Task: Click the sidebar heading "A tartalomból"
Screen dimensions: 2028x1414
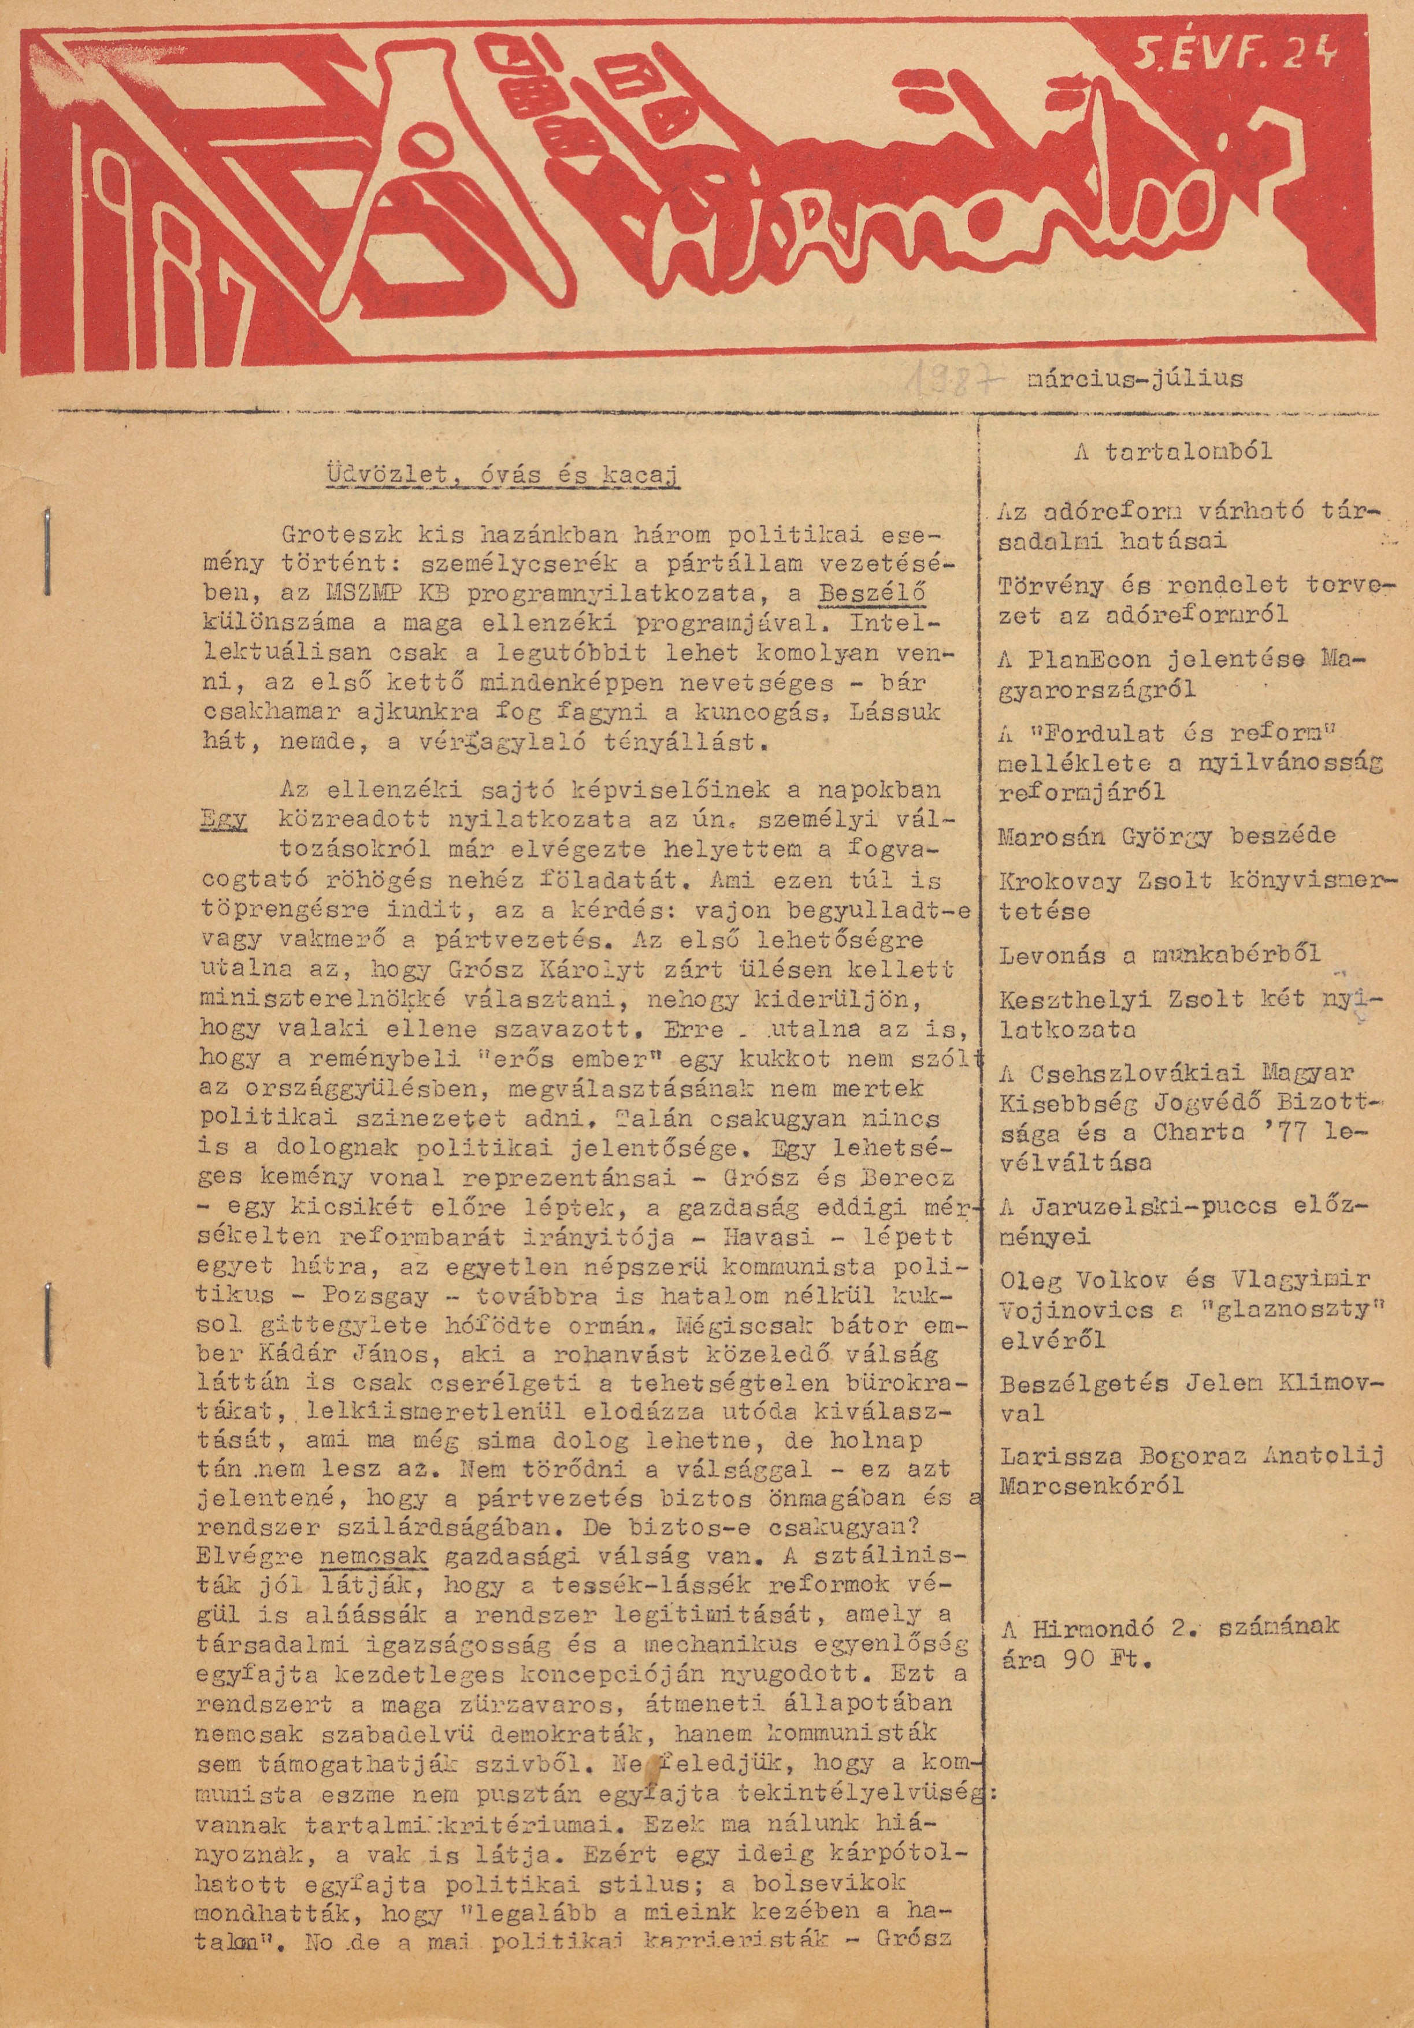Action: pos(1173,452)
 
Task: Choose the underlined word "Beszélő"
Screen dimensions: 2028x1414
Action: pos(873,595)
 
